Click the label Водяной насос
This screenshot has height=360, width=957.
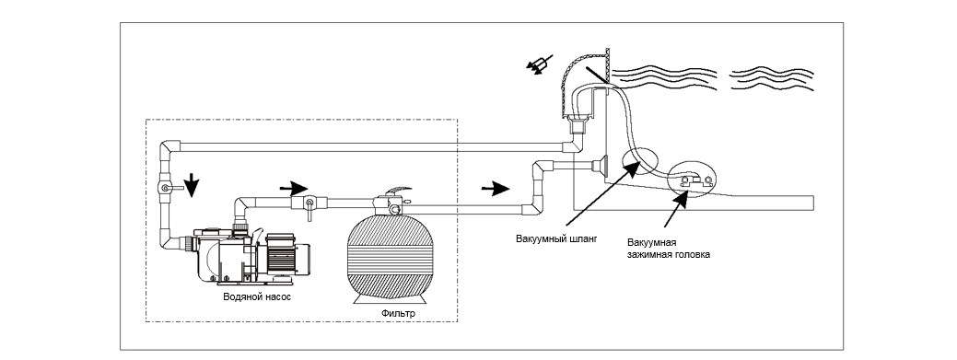(x=257, y=297)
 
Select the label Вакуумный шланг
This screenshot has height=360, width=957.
(x=556, y=238)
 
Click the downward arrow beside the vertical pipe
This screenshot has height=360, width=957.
(x=192, y=185)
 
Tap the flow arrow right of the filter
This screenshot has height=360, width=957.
(x=495, y=189)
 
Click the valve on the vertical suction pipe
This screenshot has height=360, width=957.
(x=166, y=189)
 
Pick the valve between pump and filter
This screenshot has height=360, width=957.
(x=308, y=203)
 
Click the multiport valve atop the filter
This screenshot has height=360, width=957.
(x=390, y=202)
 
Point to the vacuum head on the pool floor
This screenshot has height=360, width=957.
(x=694, y=181)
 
